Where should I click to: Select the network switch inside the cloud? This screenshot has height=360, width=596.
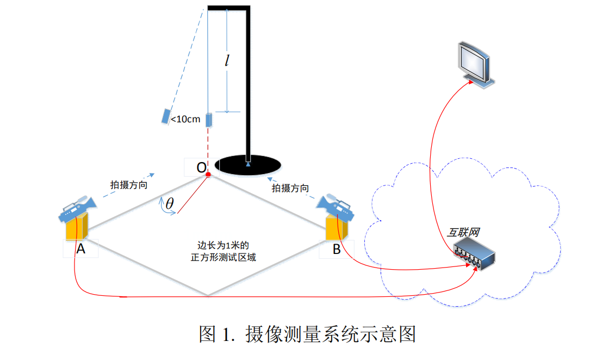click(474, 256)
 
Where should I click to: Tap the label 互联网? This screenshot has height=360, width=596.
click(463, 233)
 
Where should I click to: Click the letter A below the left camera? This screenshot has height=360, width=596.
click(80, 249)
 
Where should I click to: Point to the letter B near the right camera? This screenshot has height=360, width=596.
click(337, 250)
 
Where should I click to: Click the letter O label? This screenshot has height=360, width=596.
click(201, 167)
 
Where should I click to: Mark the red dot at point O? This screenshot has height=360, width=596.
click(208, 174)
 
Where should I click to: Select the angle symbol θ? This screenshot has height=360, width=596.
click(170, 204)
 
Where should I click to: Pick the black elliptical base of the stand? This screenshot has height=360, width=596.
click(248, 164)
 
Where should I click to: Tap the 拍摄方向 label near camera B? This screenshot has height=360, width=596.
click(290, 188)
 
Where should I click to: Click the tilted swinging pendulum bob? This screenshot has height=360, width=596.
click(165, 116)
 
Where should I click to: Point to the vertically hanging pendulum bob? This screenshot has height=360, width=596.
click(208, 120)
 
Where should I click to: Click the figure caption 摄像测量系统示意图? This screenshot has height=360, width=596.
click(331, 333)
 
